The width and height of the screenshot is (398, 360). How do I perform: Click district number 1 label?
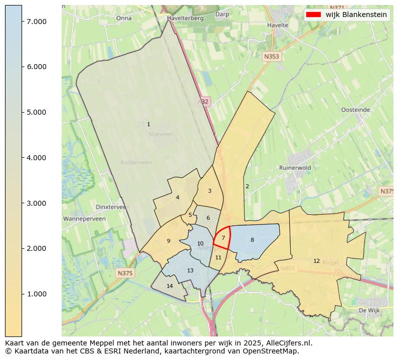(x=148, y=124)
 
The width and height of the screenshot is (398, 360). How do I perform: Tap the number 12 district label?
(x=316, y=261)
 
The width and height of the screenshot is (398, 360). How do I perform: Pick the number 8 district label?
(x=252, y=240)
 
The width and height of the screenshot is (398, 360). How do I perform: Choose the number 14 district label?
(x=170, y=286)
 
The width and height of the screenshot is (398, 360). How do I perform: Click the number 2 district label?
(x=247, y=186)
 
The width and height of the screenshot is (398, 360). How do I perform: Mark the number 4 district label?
(x=177, y=197)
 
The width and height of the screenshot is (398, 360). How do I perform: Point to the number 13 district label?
(x=190, y=270)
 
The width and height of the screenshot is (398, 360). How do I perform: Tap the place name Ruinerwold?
(x=295, y=168)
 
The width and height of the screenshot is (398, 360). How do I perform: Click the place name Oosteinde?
(x=355, y=110)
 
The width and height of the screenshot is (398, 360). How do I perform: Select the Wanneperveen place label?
(x=84, y=219)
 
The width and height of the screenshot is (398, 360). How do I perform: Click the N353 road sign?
(x=271, y=57)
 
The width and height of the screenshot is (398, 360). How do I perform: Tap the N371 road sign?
(x=337, y=8)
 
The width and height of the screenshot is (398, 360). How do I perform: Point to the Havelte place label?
(x=278, y=25)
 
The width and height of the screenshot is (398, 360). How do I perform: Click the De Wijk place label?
(x=370, y=310)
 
